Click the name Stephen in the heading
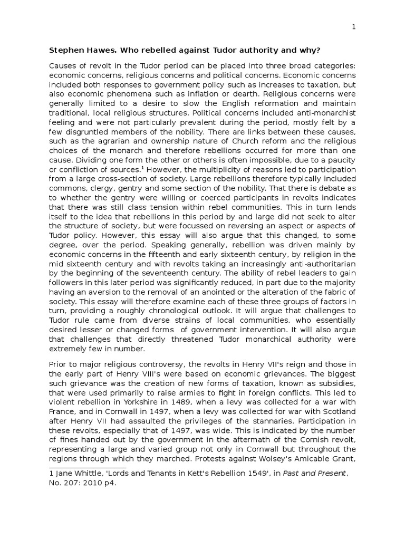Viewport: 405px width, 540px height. click(66, 51)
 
